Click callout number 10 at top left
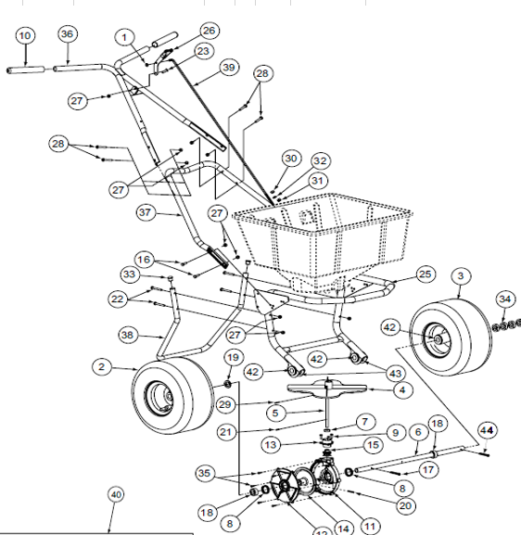tap(25, 35)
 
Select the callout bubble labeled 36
tap(67, 34)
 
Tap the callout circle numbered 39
tap(229, 68)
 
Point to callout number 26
tap(210, 31)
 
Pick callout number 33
tap(130, 274)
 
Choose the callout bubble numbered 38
tap(129, 334)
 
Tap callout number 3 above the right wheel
tap(462, 275)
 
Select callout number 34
tap(503, 299)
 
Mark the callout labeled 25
tap(426, 274)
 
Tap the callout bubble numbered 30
tap(291, 159)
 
